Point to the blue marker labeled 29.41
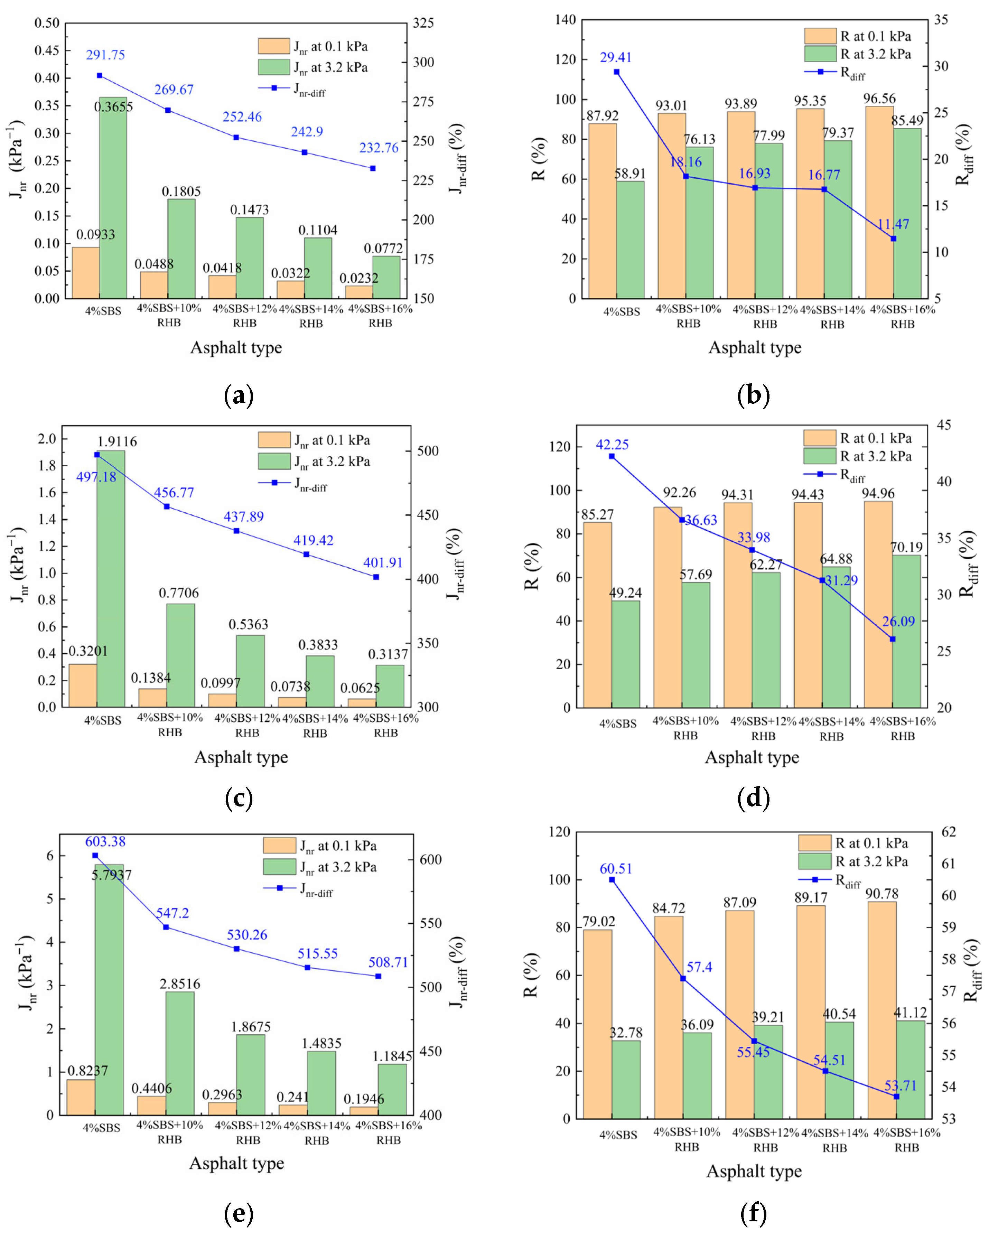(x=616, y=72)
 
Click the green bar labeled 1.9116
(x=110, y=579)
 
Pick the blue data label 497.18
(x=96, y=477)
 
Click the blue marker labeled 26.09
(x=893, y=639)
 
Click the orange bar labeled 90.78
(x=882, y=1010)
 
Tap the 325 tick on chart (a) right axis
(x=423, y=23)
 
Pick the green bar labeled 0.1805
(x=181, y=249)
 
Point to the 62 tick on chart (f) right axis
(x=949, y=832)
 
